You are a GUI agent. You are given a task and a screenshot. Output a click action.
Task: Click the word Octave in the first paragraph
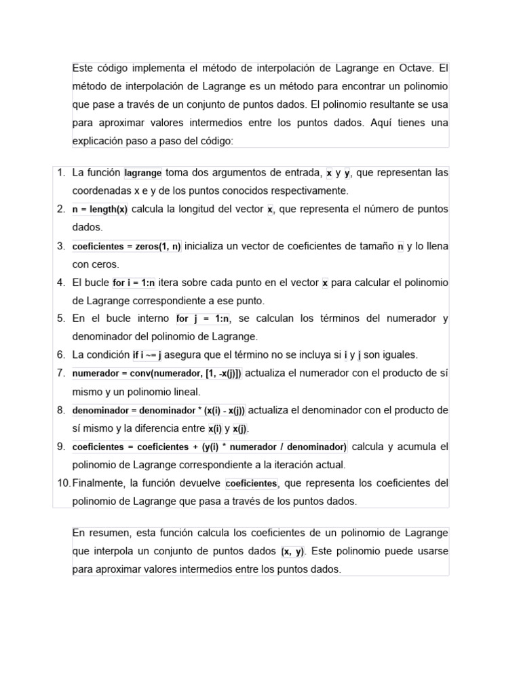point(412,68)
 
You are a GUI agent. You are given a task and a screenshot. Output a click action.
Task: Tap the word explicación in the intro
point(98,141)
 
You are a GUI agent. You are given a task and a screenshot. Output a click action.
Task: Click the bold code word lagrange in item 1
point(143,173)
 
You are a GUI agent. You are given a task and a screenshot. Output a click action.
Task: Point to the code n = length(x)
point(100,209)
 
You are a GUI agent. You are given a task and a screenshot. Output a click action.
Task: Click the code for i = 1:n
point(134,283)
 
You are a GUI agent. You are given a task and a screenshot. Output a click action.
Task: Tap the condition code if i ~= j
point(147,355)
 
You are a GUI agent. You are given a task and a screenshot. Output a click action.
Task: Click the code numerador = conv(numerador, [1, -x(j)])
point(157,373)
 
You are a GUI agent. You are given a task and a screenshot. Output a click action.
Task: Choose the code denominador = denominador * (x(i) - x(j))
point(159,410)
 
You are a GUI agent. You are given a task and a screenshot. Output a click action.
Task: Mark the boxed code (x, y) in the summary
point(293,552)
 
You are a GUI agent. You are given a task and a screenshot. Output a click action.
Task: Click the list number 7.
point(61,373)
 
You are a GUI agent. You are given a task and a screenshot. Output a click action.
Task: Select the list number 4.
point(61,282)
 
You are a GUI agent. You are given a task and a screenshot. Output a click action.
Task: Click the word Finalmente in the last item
point(98,483)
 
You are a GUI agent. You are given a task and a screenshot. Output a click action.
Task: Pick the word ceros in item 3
point(104,264)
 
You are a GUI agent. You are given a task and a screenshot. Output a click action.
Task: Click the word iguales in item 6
point(400,354)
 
